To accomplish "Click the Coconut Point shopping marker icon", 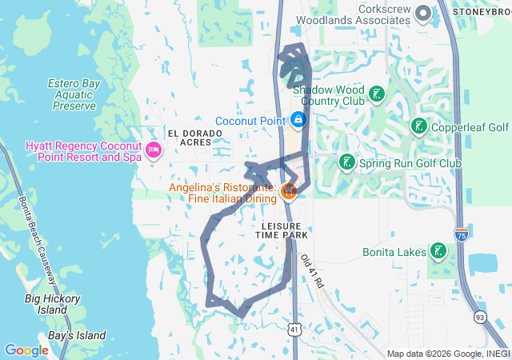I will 298,120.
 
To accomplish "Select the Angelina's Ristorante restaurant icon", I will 289,190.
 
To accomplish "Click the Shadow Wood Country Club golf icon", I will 377,96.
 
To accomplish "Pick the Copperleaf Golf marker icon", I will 418,126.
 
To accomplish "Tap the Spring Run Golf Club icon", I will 346,163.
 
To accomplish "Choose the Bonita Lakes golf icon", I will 438,252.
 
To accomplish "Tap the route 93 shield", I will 479,317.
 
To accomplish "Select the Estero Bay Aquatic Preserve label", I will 72,94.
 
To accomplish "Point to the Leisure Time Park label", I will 282,230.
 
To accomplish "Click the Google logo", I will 26,350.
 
